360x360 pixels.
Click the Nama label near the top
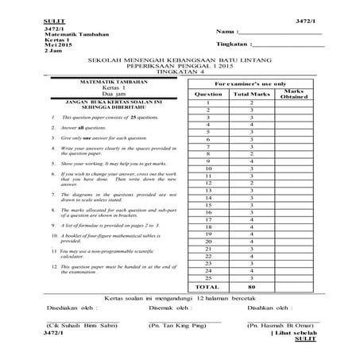coord(226,31)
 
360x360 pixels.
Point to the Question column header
coord(207,94)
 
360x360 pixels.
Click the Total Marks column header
coord(250,94)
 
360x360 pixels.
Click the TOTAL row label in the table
coord(207,286)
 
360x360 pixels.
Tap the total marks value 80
coord(250,286)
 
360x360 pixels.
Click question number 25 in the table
coord(207,277)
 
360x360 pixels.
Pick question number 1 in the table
coord(207,103)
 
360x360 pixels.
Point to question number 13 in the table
coord(207,190)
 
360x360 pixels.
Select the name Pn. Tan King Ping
coord(180,325)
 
